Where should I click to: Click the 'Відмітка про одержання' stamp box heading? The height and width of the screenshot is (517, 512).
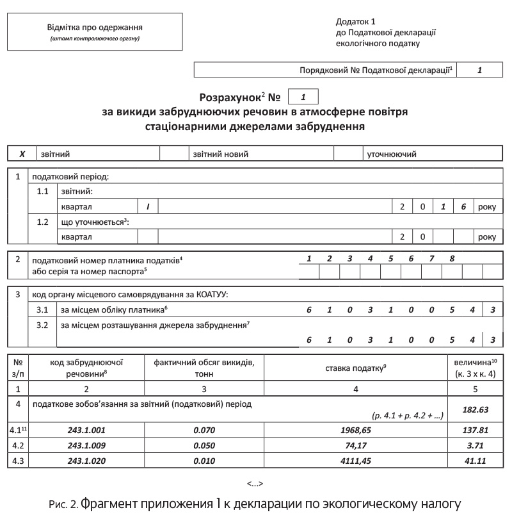[94, 28]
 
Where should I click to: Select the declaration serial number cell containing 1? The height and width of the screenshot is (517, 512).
[479, 70]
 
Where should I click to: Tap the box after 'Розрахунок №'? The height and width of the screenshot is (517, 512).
[303, 97]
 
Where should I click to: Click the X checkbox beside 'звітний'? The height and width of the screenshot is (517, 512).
[22, 154]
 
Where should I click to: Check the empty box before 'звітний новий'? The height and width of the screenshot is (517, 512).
[172, 154]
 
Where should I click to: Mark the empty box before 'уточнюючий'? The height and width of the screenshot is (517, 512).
[348, 154]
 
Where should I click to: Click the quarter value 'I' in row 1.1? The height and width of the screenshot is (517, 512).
[148, 207]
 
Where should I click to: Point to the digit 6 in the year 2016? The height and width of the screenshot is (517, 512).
[462, 207]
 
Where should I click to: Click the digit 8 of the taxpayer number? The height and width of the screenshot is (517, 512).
[452, 259]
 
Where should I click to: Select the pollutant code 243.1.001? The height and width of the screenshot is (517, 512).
[86, 431]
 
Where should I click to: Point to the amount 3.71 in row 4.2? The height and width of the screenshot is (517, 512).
[475, 447]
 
